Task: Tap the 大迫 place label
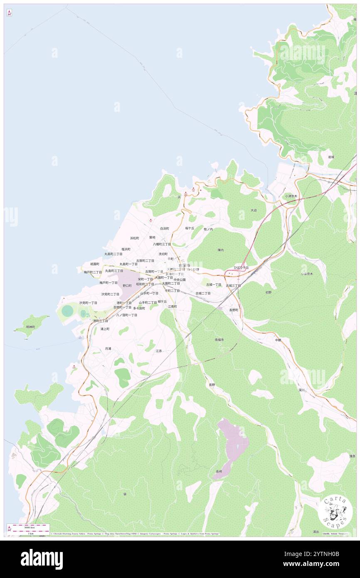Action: pos(253,210)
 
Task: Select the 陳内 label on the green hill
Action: pos(221,250)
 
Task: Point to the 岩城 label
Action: pos(331,157)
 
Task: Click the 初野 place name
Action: pos(269,292)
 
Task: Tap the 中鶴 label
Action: pos(278,340)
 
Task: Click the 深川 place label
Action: pos(301,390)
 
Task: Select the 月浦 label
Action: pos(108,348)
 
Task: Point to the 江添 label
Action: pos(158,351)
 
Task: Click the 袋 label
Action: pos(125,494)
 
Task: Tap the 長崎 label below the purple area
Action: pos(219,471)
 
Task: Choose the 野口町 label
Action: pos(127,286)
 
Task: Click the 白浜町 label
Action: pos(165,228)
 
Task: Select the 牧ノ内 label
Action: pos(208,229)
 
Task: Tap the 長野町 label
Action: pos(234,310)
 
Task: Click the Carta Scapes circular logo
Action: pos(335,512)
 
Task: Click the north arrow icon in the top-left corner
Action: pos(9,13)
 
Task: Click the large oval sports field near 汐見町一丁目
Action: pos(67,310)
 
